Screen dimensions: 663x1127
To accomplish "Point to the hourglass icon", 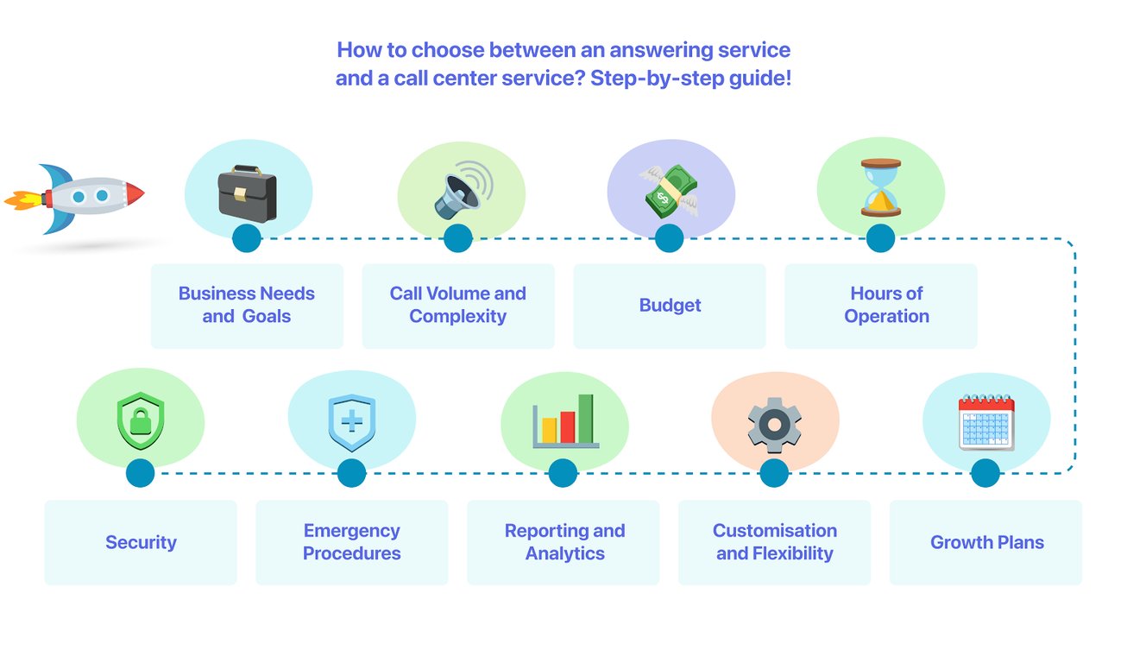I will tap(880, 187).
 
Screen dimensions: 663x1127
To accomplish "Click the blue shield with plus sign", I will tap(351, 423).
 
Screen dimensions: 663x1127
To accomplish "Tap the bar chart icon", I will tap(565, 421).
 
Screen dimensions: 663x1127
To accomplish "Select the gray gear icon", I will tap(774, 425).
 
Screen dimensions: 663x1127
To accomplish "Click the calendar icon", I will tap(986, 423).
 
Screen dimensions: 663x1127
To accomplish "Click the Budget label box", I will tap(670, 306).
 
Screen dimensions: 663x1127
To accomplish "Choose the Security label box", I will tap(141, 542).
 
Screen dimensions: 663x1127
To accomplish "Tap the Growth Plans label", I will tap(986, 542).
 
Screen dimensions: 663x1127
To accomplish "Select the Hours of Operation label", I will tap(886, 305).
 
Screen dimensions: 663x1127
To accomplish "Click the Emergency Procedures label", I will tap(352, 542).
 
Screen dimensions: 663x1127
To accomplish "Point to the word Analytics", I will tap(565, 553).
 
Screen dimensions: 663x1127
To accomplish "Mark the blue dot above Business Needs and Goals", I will tap(247, 238).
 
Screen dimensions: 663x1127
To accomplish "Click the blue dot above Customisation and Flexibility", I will tap(774, 473).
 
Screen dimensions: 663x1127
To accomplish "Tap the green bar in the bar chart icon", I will tap(586, 418).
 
